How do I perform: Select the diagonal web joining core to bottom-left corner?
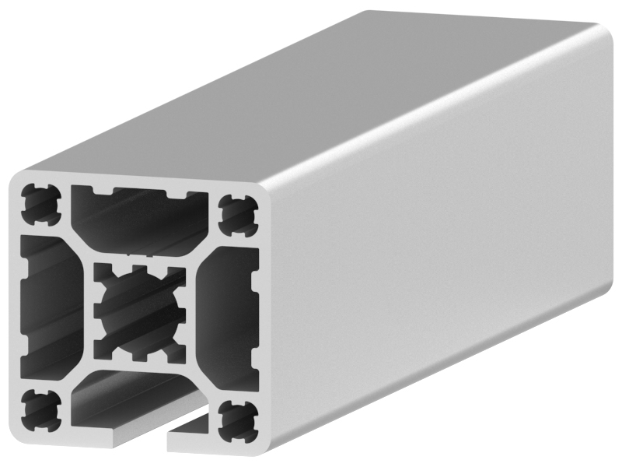pos(78,370)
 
